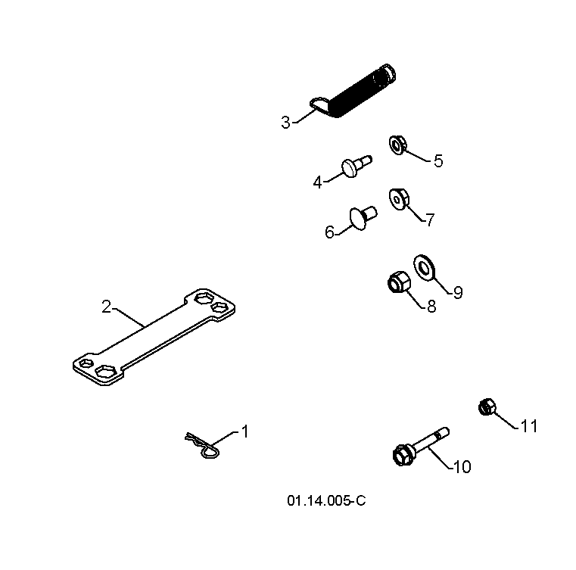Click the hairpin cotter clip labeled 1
click(203, 445)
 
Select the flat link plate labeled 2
click(154, 337)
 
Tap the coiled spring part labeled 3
click(353, 92)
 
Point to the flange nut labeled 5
click(397, 145)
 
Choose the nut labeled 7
click(399, 199)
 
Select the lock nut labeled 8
click(399, 282)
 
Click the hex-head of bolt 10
click(403, 456)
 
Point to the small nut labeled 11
click(487, 407)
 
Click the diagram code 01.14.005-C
click(326, 500)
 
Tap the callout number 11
click(529, 426)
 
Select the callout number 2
click(106, 307)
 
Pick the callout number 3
click(286, 123)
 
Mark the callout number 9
click(458, 292)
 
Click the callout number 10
click(462, 466)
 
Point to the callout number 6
click(329, 232)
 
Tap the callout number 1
click(245, 431)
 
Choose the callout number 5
click(438, 161)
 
